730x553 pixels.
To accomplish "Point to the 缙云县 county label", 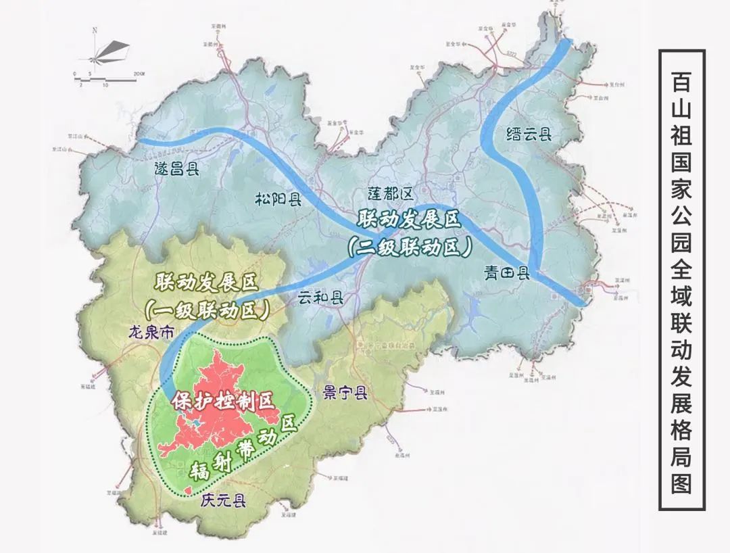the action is (529, 134).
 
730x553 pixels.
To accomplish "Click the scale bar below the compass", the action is (108, 75).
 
